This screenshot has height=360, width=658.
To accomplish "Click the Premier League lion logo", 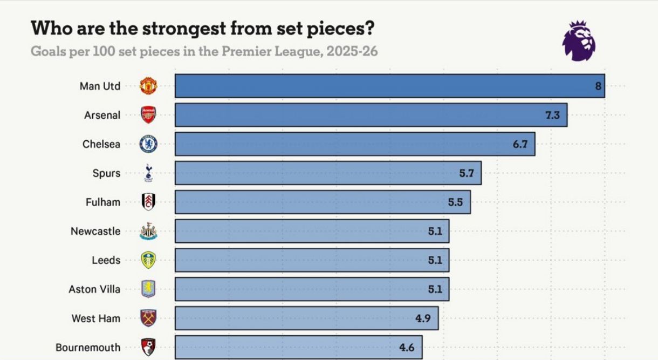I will click(x=579, y=40).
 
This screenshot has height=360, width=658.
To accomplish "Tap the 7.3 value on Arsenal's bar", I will click(x=552, y=115).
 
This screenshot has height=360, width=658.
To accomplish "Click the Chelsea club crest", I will click(x=148, y=144).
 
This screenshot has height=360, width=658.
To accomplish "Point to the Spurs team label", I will click(x=106, y=173).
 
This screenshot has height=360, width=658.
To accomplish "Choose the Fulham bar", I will click(x=323, y=202).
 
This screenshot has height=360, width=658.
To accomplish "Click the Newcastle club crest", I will click(x=148, y=232).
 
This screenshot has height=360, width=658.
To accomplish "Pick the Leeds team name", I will click(x=106, y=260).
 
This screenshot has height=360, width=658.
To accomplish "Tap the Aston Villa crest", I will click(x=148, y=289).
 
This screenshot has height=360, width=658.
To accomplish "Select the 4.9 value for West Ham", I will click(x=423, y=318).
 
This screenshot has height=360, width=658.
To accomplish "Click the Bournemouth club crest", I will click(x=148, y=347).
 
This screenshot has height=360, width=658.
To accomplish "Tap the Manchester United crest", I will click(x=148, y=86).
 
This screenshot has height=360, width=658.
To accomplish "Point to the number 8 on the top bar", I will click(x=598, y=86).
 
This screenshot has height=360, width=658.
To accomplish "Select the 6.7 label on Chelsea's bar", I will click(x=520, y=144).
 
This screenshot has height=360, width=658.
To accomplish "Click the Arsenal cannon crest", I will click(x=148, y=115).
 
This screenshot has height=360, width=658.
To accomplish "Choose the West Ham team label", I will click(x=96, y=318).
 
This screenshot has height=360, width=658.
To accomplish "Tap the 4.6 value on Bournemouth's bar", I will click(x=407, y=348).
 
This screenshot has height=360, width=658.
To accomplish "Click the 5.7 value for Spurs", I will click(x=466, y=173).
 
